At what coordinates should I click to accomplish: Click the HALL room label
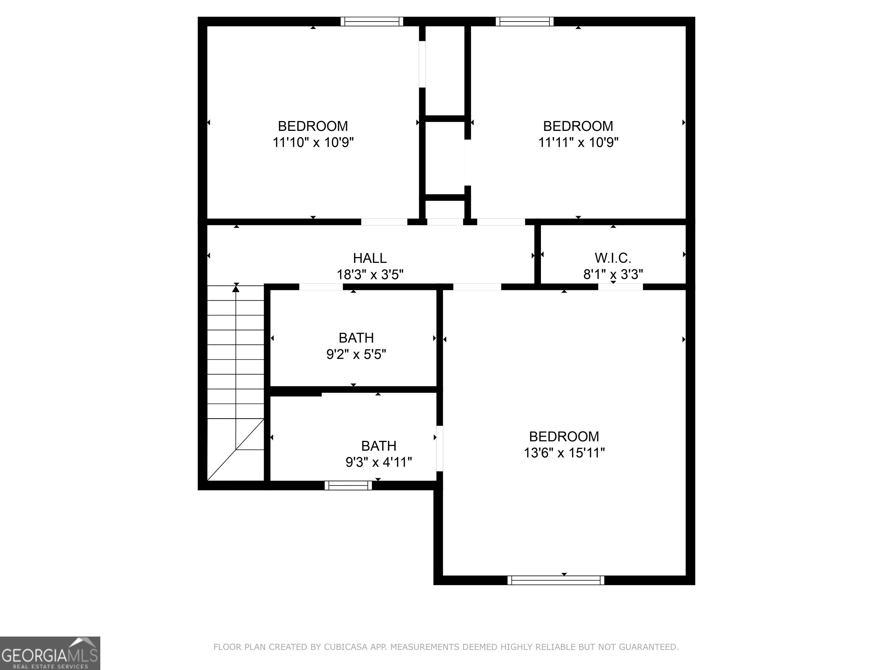click(x=370, y=258)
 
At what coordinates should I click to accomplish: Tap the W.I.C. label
click(x=613, y=258)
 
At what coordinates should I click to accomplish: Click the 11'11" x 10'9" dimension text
click(x=578, y=142)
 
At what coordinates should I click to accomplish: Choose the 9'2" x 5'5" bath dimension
click(x=356, y=354)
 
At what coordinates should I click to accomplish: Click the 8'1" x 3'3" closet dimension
click(x=613, y=275)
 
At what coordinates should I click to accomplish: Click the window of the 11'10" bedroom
click(x=372, y=22)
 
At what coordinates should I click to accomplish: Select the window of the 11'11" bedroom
click(x=524, y=22)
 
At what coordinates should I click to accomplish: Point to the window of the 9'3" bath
click(x=348, y=485)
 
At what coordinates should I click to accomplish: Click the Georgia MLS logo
click(x=50, y=653)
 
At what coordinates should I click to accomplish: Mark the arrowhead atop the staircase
click(x=236, y=288)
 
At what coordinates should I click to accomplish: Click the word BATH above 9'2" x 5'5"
click(x=356, y=338)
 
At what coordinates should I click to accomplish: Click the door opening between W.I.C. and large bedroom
click(x=621, y=287)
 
